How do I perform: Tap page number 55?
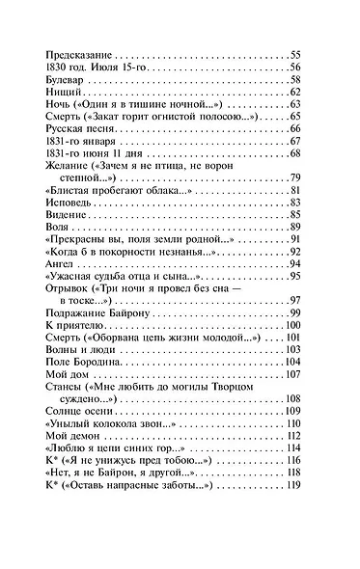click(x=295, y=53)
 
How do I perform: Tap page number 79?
click(x=295, y=178)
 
